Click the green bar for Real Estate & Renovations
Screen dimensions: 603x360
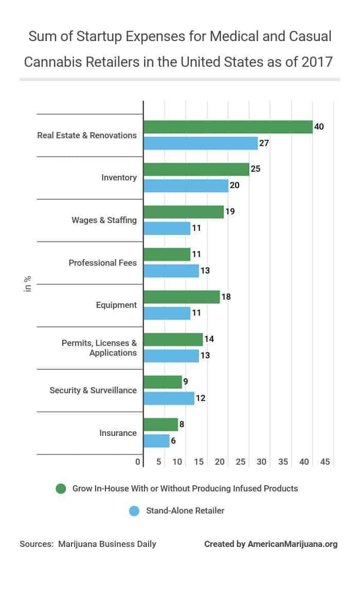tap(228, 127)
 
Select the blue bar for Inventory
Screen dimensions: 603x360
tap(186, 186)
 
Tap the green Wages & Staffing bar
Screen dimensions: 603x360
tap(184, 212)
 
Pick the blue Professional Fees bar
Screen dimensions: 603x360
tap(171, 271)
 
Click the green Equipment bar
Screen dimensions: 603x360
tap(182, 297)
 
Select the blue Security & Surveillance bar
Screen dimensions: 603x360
tap(169, 398)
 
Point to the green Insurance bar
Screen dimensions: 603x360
tap(160, 424)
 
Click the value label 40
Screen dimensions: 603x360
tap(319, 126)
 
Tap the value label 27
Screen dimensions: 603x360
tap(264, 143)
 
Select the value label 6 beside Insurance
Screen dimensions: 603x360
tap(175, 441)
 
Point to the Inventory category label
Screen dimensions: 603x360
tap(119, 177)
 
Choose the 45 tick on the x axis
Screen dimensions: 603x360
tap(325, 462)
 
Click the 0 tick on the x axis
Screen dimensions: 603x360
tap(138, 462)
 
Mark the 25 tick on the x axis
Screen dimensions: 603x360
tap(240, 462)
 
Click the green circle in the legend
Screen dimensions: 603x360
tap(61, 488)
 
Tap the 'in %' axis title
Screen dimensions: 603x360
tap(28, 284)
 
